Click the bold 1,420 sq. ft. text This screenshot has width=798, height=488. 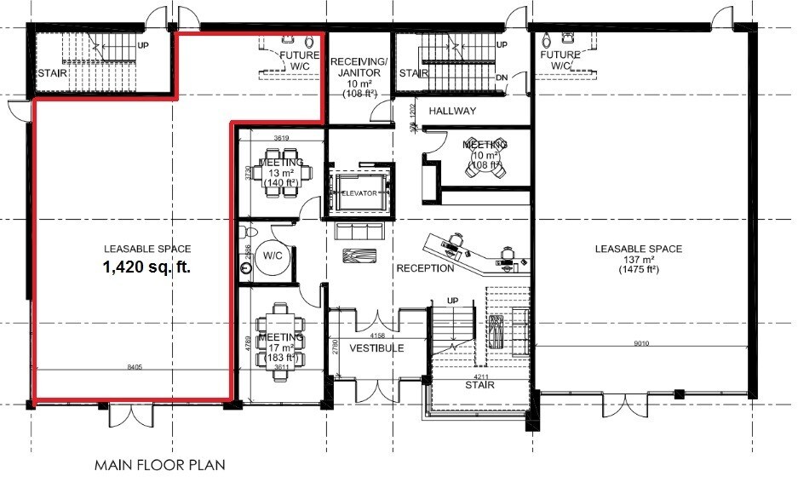coord(146,266)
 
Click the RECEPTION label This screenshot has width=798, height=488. coord(424,269)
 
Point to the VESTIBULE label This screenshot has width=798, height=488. coord(376,348)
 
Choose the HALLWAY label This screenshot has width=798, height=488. coord(452,112)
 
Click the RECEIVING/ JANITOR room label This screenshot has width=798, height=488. coord(359,66)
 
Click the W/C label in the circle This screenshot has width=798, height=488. coord(273,255)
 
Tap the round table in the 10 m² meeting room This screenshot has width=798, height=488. coord(483,164)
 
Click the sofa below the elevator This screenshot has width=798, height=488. coord(360,231)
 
